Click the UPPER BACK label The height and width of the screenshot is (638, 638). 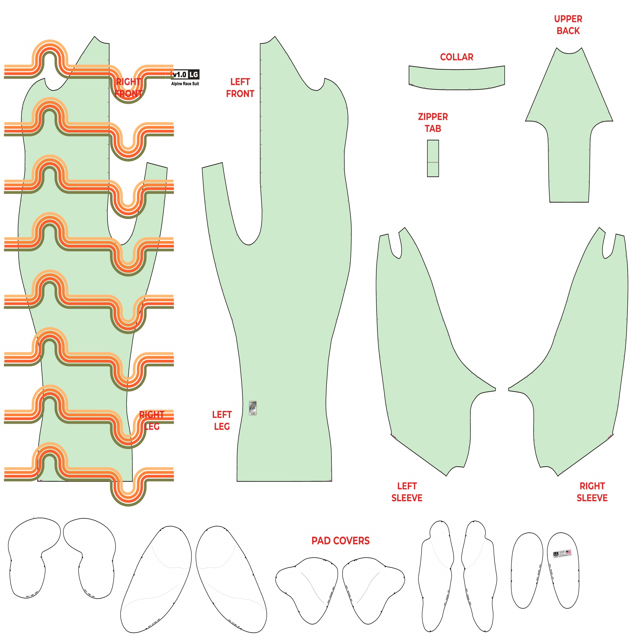coord(568,25)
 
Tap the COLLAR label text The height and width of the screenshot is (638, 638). coord(456,57)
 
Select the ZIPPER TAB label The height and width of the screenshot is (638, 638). coord(433,122)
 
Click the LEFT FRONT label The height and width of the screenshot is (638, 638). coord(240,88)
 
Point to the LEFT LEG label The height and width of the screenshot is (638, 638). coord(222,420)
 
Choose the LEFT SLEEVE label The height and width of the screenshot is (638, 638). coord(407,492)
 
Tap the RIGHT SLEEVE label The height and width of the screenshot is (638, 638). coord(592,492)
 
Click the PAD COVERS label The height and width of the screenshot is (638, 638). coord(340,540)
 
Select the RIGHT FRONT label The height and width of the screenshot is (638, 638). coord(128,88)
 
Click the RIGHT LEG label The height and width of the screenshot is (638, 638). coord(152,420)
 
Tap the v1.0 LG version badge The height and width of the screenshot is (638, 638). coord(186,75)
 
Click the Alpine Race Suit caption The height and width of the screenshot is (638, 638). coord(185,84)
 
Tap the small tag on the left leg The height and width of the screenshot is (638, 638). coord(253,408)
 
